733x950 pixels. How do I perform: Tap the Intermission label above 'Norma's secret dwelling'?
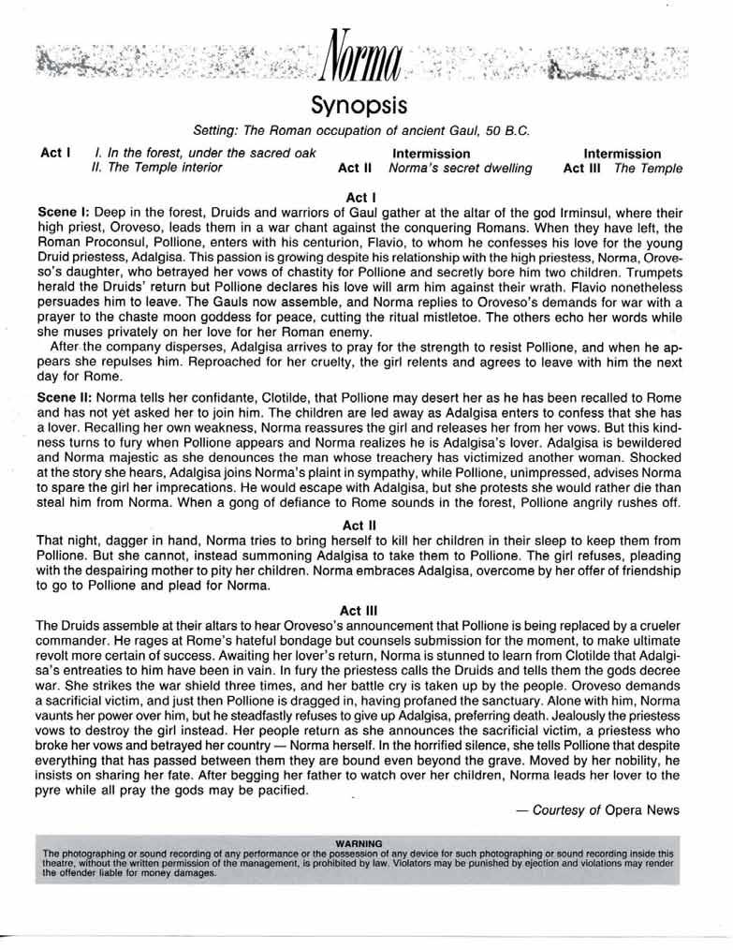[x=431, y=154]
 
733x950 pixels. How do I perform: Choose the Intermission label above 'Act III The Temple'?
[x=623, y=154]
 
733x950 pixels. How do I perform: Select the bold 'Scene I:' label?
[x=61, y=214]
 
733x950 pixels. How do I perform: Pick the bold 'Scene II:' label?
[x=63, y=397]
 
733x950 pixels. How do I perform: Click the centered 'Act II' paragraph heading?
[x=360, y=526]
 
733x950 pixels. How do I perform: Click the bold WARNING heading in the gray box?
[x=360, y=844]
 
